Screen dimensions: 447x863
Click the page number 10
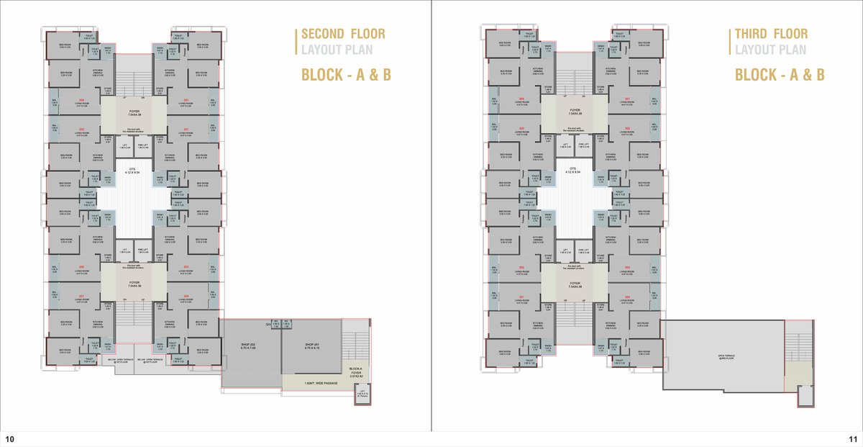pos(9,439)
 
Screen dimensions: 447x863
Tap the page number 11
pos(852,439)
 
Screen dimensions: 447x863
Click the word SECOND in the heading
pos(321,34)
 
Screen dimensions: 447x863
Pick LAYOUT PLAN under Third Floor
pos(770,50)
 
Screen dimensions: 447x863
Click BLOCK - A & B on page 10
pos(345,74)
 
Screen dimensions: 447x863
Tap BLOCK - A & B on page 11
pos(779,74)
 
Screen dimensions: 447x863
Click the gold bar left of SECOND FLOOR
pos(297,42)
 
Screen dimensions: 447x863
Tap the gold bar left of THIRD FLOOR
pos(730,42)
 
